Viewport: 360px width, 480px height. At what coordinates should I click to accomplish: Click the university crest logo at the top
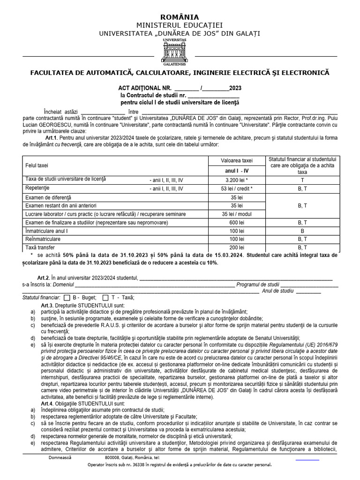point(174,52)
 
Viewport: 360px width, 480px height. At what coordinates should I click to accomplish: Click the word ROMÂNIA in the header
point(180,17)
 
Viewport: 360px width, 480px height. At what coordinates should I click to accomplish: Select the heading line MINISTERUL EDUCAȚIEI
point(180,25)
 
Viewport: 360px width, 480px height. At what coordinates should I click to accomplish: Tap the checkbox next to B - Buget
point(67,298)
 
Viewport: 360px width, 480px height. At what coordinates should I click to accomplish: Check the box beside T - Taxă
point(106,298)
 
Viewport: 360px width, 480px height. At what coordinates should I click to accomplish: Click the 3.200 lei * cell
point(237,180)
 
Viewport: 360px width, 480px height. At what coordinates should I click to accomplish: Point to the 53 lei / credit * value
point(237,188)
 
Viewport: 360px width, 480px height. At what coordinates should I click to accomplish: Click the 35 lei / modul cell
point(237,214)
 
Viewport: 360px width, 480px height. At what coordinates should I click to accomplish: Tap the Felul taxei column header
point(36,165)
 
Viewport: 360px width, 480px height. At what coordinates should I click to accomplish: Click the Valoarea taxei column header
point(237,160)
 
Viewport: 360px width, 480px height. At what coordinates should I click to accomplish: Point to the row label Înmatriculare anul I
point(46,231)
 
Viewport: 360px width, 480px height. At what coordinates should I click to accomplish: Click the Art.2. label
point(44,277)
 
